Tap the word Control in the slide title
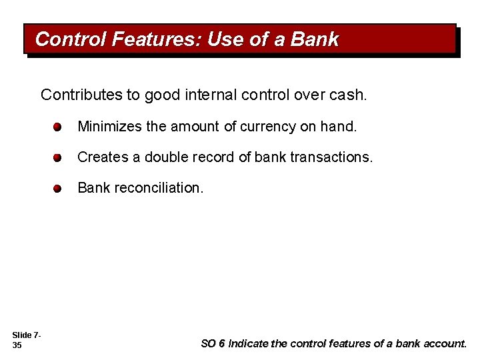71,39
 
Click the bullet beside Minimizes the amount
58,127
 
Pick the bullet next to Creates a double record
58,158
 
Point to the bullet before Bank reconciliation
58,189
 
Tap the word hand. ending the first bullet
339,127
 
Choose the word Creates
101,157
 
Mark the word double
163,157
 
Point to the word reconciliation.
158,188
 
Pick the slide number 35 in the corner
17,345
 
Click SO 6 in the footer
213,344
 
